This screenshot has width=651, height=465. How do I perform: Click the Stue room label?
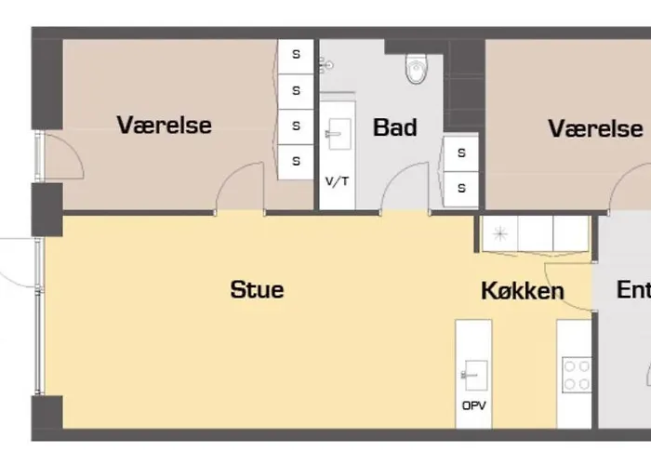[x=257, y=289]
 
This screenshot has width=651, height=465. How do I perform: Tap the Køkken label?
[x=523, y=290]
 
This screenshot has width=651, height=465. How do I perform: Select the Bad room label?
[x=395, y=127]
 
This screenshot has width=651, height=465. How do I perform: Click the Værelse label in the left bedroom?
[x=165, y=125]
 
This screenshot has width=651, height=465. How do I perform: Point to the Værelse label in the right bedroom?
[x=596, y=128]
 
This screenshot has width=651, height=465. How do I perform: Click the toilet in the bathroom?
[x=417, y=68]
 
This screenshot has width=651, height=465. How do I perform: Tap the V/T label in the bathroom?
[x=337, y=181]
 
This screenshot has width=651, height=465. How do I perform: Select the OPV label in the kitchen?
[x=473, y=405]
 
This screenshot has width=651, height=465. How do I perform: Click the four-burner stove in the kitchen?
[x=577, y=375]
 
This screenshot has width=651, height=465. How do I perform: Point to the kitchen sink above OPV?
[x=474, y=375]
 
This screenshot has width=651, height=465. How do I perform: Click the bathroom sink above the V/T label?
[x=339, y=134]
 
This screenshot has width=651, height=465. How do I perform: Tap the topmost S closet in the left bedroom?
[x=296, y=56]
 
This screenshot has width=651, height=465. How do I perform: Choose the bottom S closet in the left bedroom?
[x=296, y=162]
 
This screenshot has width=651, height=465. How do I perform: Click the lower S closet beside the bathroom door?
[x=461, y=189]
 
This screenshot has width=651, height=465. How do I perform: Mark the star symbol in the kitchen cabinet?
[x=500, y=233]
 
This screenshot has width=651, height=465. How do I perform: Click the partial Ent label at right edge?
[x=633, y=290]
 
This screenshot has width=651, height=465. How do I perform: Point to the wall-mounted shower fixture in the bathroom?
[x=326, y=66]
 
